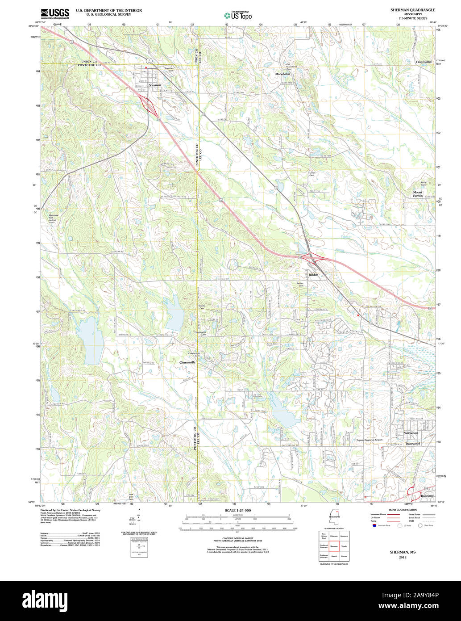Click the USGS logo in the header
pyautogui.click(x=54, y=13)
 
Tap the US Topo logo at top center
pyautogui.click(x=238, y=15)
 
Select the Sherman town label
pyautogui.click(x=154, y=85)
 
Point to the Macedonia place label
pyautogui.click(x=282, y=74)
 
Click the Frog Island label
pyautogui.click(x=424, y=62)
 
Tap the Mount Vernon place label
pyautogui.click(x=417, y=194)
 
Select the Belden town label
pyautogui.click(x=314, y=275)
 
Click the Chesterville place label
pyautogui.click(x=187, y=362)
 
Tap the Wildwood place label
pyautogui.click(x=411, y=433)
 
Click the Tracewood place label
pyautogui.click(x=412, y=444)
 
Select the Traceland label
pyautogui.click(x=427, y=496)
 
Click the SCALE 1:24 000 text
pyautogui.click(x=237, y=510)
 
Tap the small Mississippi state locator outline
pyautogui.click(x=331, y=520)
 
